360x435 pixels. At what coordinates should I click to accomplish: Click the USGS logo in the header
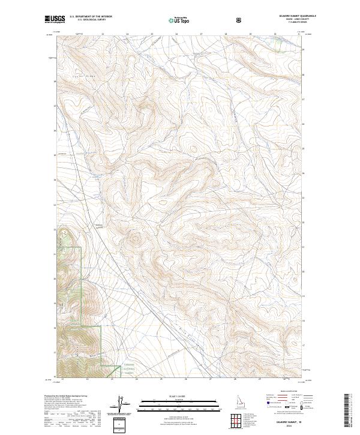coord(55,19)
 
